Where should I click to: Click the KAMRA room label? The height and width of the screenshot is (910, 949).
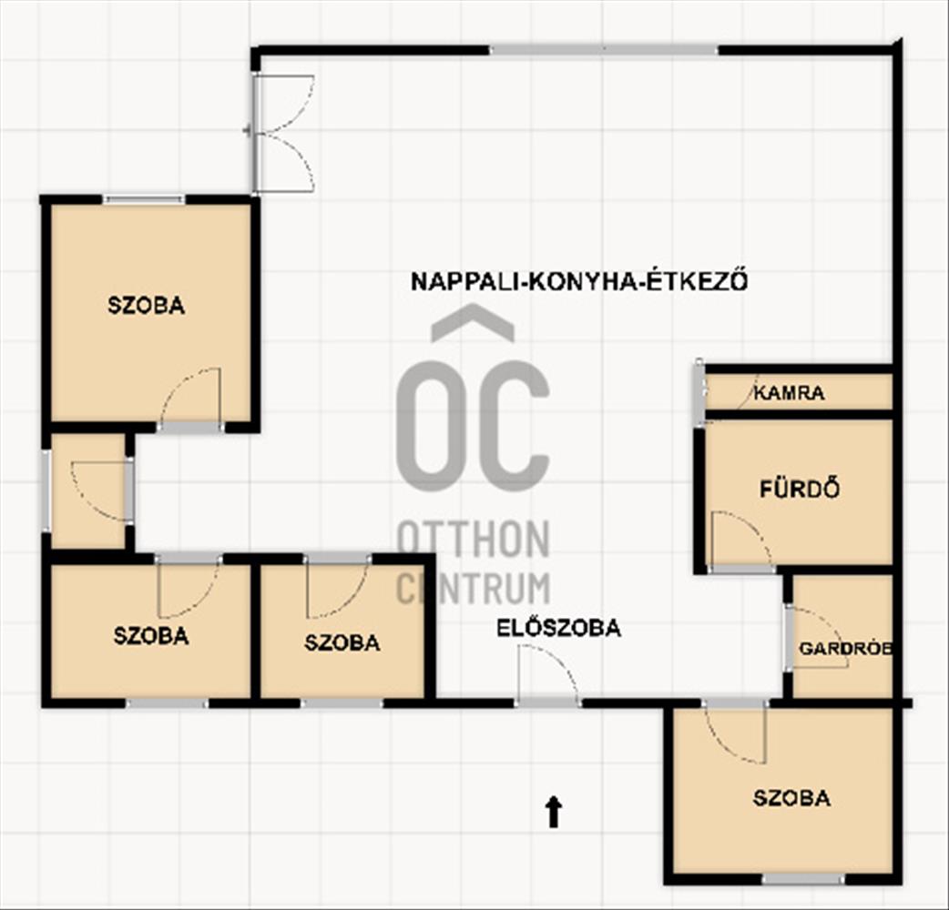click(x=789, y=393)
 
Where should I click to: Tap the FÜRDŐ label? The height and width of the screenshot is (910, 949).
click(x=800, y=489)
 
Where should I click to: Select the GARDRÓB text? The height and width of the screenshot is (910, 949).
click(x=845, y=649)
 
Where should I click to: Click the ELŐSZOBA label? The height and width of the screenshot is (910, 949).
click(x=558, y=628)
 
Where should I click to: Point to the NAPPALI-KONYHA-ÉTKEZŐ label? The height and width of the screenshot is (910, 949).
click(x=579, y=281)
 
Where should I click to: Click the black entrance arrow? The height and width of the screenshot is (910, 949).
click(x=553, y=812)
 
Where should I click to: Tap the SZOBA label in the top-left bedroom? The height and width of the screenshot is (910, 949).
click(x=146, y=305)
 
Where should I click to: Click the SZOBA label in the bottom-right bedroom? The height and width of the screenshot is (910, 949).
click(x=791, y=797)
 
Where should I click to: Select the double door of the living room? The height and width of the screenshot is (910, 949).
click(x=283, y=134)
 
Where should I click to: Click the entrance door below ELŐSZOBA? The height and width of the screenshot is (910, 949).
click(x=547, y=673)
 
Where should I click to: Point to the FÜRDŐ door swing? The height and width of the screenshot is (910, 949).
click(x=740, y=541)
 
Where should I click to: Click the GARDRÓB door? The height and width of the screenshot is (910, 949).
click(x=817, y=637)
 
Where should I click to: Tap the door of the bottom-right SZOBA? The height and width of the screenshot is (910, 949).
click(x=735, y=733)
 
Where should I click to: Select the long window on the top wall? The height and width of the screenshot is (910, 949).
click(x=604, y=49)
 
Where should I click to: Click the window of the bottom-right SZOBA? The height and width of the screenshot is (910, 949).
click(x=802, y=878)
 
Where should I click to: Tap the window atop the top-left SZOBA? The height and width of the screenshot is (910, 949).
click(x=143, y=199)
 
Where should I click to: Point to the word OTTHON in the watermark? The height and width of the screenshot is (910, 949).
click(x=473, y=539)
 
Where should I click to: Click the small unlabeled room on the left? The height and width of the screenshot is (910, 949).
click(x=88, y=490)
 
